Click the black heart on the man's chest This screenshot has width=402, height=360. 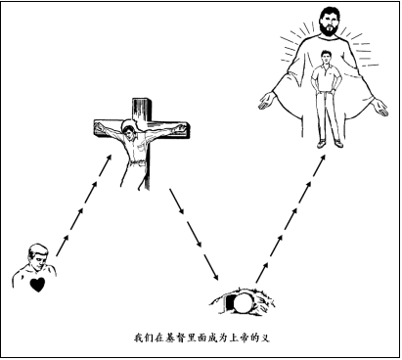pyautogui.click(x=37, y=285)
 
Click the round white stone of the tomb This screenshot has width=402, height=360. pyautogui.click(x=240, y=302)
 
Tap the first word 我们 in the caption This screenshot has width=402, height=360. pyautogui.click(x=141, y=338)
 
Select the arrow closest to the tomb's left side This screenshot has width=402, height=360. pyautogui.click(x=208, y=266)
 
